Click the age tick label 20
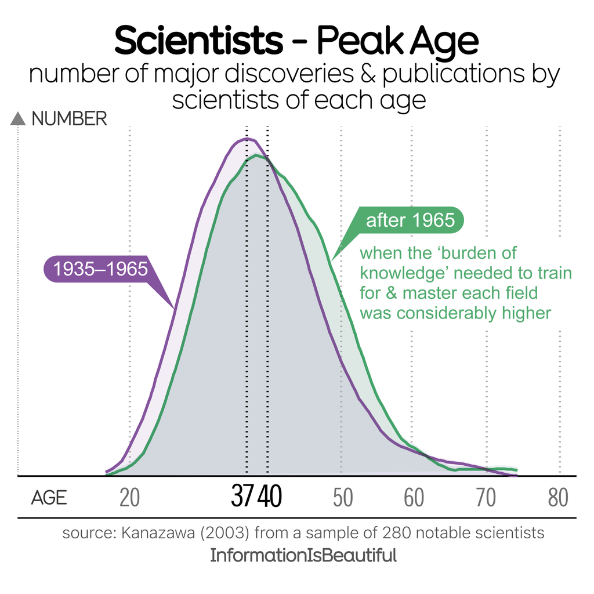point(129,498)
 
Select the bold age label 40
point(270,497)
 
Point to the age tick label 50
point(343,498)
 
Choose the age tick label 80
point(558,498)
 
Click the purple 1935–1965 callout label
point(100,269)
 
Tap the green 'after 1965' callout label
point(410,220)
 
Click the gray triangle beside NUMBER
point(19,119)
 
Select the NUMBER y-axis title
point(69,119)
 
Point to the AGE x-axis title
point(49,498)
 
